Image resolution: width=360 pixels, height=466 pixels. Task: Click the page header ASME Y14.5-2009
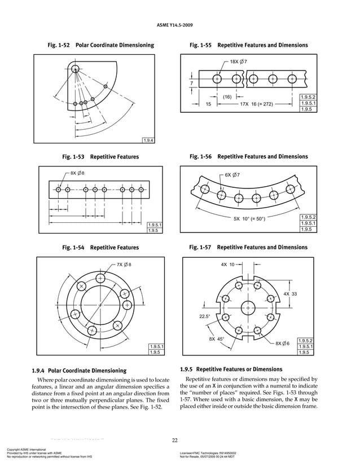click(180, 24)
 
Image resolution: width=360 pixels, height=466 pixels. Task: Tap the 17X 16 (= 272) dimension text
click(257, 104)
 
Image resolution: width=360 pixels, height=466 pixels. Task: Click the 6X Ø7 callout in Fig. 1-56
click(232, 175)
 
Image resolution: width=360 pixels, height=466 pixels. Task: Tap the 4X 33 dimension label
click(290, 294)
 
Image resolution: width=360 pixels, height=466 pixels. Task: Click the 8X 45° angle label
click(216, 340)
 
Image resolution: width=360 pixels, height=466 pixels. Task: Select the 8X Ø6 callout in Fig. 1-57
click(282, 344)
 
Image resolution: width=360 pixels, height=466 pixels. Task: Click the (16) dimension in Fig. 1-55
click(228, 97)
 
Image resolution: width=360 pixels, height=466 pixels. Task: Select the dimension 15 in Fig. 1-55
click(208, 104)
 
